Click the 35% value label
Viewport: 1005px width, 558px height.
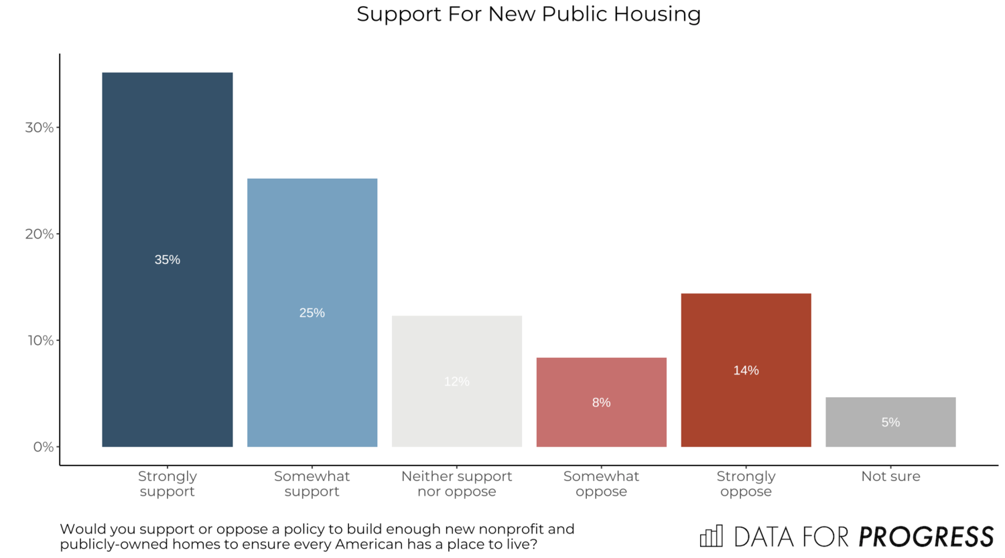point(167,260)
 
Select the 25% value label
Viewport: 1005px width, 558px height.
point(312,313)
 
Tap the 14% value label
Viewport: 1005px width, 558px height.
point(746,370)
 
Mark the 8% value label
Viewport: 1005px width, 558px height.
point(601,403)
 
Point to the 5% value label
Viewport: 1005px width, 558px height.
point(890,423)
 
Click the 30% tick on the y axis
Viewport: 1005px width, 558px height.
point(40,127)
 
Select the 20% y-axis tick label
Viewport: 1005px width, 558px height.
point(40,234)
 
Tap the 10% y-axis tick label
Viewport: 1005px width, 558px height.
point(40,340)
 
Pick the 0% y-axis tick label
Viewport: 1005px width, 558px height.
point(44,447)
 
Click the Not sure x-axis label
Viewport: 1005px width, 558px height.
point(890,476)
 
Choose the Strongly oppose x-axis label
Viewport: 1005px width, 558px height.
point(746,484)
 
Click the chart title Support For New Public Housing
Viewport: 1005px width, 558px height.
point(529,14)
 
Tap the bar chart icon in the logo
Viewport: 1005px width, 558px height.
point(712,536)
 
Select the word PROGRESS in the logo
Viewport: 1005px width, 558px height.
point(926,537)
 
